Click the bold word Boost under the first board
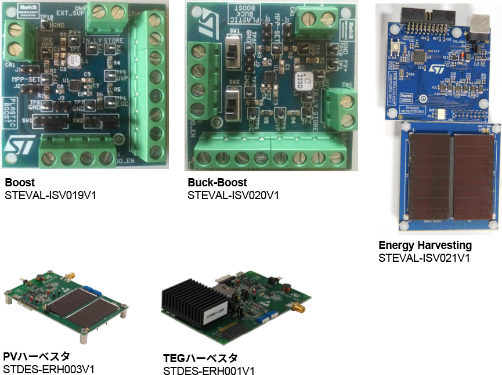click(x=19, y=182)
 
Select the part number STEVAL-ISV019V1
click(x=50, y=195)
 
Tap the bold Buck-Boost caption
click(x=217, y=182)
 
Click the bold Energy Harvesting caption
click(x=425, y=245)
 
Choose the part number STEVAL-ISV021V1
click(x=424, y=258)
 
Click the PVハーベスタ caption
click(x=37, y=356)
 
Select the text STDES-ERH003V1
click(x=49, y=369)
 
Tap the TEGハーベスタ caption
click(x=200, y=358)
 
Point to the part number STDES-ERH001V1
click(x=209, y=371)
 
